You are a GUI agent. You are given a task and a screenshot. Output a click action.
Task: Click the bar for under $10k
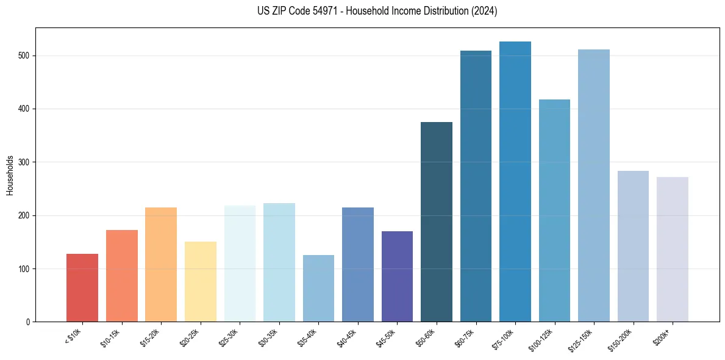82,287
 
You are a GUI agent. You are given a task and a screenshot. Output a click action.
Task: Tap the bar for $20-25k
201,281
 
